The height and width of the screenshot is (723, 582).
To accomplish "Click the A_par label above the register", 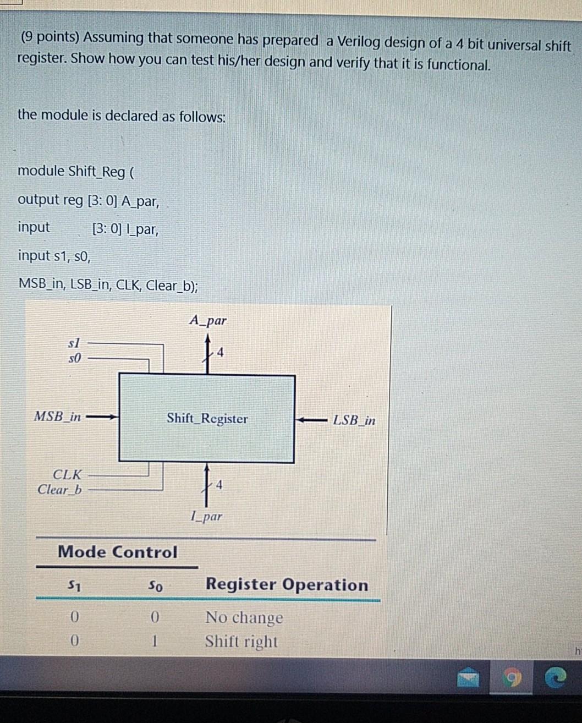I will point(207,320).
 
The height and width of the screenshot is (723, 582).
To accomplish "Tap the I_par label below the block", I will point(206,516).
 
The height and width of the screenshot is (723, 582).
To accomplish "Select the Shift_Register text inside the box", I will point(207,419).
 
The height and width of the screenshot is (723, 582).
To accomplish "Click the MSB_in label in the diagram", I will point(57,416).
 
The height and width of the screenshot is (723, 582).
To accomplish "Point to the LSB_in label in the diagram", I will point(354,420).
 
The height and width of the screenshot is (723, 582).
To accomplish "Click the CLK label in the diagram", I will point(67,474).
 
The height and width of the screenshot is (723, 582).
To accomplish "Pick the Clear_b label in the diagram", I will point(59,489).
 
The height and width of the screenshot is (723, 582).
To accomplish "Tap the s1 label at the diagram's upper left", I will point(74,343).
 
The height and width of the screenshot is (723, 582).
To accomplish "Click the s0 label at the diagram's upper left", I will point(74,358).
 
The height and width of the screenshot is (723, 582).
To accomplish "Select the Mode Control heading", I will point(117,552).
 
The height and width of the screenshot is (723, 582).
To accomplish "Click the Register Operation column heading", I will point(287,584).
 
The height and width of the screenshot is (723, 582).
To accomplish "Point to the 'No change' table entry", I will point(244,618).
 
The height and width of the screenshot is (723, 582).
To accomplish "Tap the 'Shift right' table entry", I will point(241,642).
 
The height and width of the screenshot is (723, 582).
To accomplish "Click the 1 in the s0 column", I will point(155,641).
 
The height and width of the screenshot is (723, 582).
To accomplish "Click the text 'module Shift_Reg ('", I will point(76,171).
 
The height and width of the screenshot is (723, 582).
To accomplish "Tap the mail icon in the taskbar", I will point(468,680).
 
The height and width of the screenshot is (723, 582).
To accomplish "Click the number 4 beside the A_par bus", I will point(221,352).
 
